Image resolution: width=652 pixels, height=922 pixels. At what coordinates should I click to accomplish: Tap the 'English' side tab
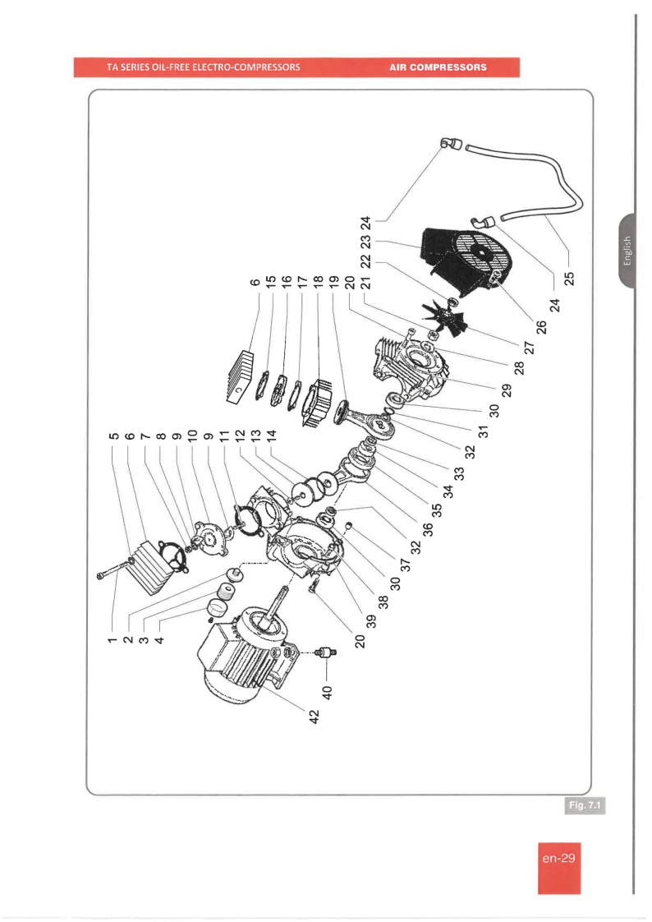tap(627, 250)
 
